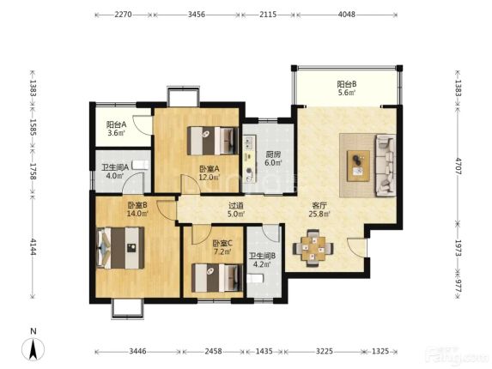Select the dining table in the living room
coord(313,248)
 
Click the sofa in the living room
coord(385,166)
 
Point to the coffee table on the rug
coord(358,166)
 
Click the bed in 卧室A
coord(213,141)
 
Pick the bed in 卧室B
coord(120,248)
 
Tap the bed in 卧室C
coord(217,278)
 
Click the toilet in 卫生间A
coord(140,165)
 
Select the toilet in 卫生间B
coord(254,278)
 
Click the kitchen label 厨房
coord(273,154)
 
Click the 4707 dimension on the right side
coord(459,166)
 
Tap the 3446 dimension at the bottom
coord(137,351)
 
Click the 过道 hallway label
coord(235,206)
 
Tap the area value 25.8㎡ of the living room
coord(319,215)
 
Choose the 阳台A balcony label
coord(116,124)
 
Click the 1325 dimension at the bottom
coord(380,351)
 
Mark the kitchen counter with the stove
coord(250,159)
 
